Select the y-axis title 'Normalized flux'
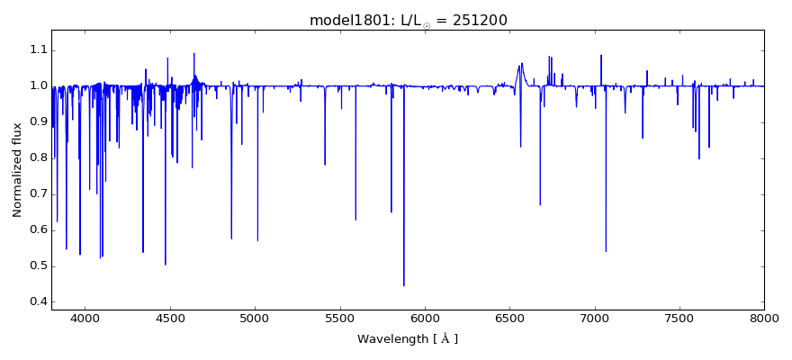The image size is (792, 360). click(17, 170)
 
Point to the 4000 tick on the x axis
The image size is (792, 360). click(85, 318)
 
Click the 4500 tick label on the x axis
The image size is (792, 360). click(170, 318)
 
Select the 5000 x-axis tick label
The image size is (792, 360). click(255, 318)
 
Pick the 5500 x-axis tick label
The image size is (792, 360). click(339, 318)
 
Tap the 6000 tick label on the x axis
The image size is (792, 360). click(425, 318)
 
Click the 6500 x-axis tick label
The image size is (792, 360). click(509, 318)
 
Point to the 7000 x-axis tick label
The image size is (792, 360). click(594, 318)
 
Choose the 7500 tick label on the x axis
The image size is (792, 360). click(679, 318)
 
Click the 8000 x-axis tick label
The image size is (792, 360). click(764, 318)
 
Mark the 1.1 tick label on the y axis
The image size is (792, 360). click(36, 49)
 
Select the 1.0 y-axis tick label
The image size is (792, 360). click(36, 85)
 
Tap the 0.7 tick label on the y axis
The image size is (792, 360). click(36, 193)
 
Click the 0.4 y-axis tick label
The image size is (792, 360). click(36, 301)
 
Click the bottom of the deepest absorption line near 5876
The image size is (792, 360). click(403, 285)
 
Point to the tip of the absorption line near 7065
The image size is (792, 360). click(606, 251)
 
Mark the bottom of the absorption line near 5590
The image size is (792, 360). click(355, 220)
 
